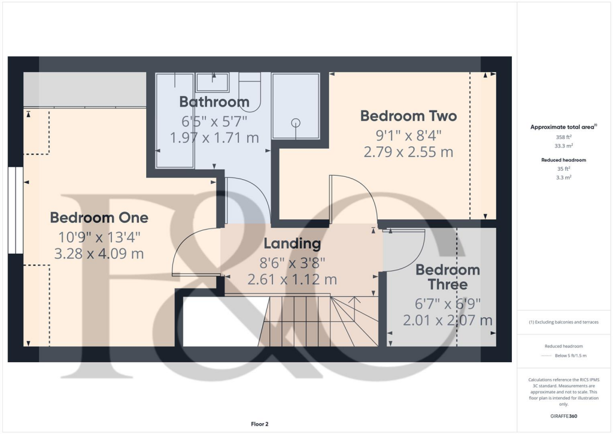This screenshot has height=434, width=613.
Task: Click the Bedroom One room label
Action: click(99, 217)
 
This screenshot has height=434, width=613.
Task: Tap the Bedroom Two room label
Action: click(408, 116)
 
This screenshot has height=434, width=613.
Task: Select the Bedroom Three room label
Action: click(448, 276)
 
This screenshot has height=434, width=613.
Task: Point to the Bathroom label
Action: click(214, 102)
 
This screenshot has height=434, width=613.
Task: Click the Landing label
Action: click(292, 244)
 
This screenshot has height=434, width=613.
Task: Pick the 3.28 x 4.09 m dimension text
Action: click(99, 254)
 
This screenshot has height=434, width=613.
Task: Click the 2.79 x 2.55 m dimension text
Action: click(408, 152)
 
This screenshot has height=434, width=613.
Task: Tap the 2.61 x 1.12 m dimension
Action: click(292, 279)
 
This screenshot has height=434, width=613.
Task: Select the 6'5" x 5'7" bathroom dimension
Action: click(214, 120)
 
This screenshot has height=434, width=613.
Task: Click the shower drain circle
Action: click(296, 123)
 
